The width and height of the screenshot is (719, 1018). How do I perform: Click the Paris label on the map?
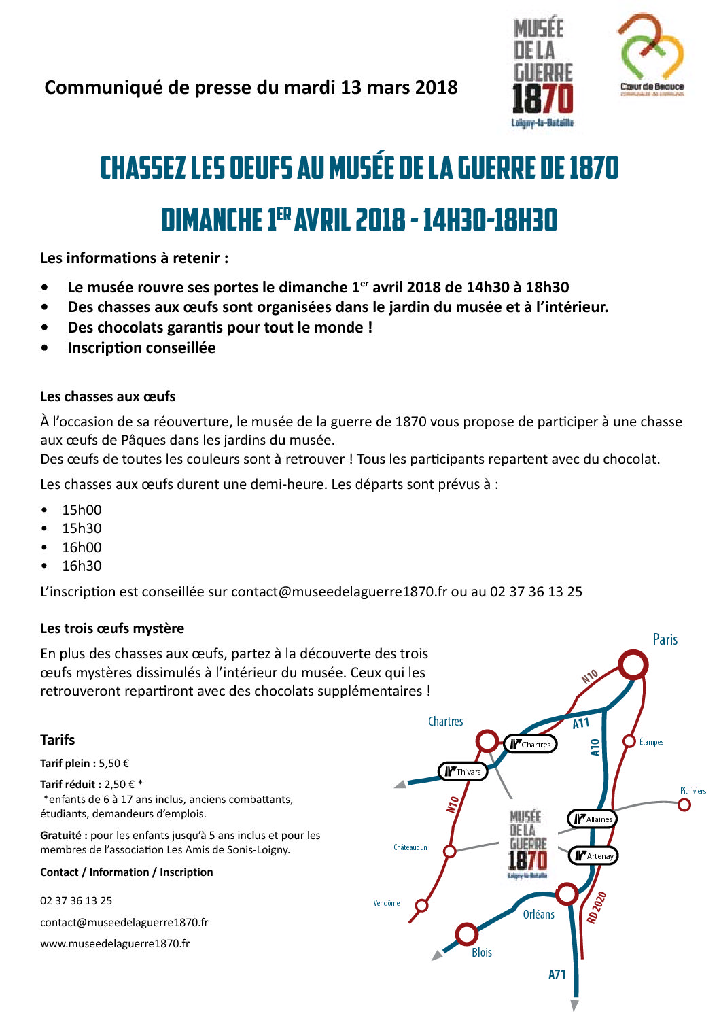tap(665, 639)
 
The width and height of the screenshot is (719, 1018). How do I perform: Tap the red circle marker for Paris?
tap(633, 664)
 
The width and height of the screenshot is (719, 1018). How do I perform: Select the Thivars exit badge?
tap(463, 771)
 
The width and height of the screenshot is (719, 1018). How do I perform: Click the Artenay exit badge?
tap(593, 855)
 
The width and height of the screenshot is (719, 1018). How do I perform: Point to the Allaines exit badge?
tap(593, 819)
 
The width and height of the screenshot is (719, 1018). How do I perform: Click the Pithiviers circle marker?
tap(684, 804)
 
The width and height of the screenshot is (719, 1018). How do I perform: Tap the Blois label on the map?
tap(482, 952)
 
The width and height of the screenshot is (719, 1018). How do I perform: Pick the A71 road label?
tap(557, 974)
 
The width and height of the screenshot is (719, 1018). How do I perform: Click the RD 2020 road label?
tap(596, 907)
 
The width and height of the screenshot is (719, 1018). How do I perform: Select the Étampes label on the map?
tap(651, 742)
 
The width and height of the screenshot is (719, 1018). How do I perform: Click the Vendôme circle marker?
tap(421, 905)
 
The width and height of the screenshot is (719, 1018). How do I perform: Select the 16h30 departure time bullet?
tap(82, 566)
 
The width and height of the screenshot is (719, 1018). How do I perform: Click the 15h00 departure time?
tap(82, 510)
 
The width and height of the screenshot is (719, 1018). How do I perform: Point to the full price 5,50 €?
tap(113, 764)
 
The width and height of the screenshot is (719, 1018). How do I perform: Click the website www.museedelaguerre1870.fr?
tap(115, 943)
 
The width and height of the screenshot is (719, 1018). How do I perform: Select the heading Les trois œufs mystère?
tap(112, 628)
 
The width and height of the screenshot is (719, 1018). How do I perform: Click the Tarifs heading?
tap(58, 740)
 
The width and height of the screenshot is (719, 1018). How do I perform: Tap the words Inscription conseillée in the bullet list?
tap(141, 348)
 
